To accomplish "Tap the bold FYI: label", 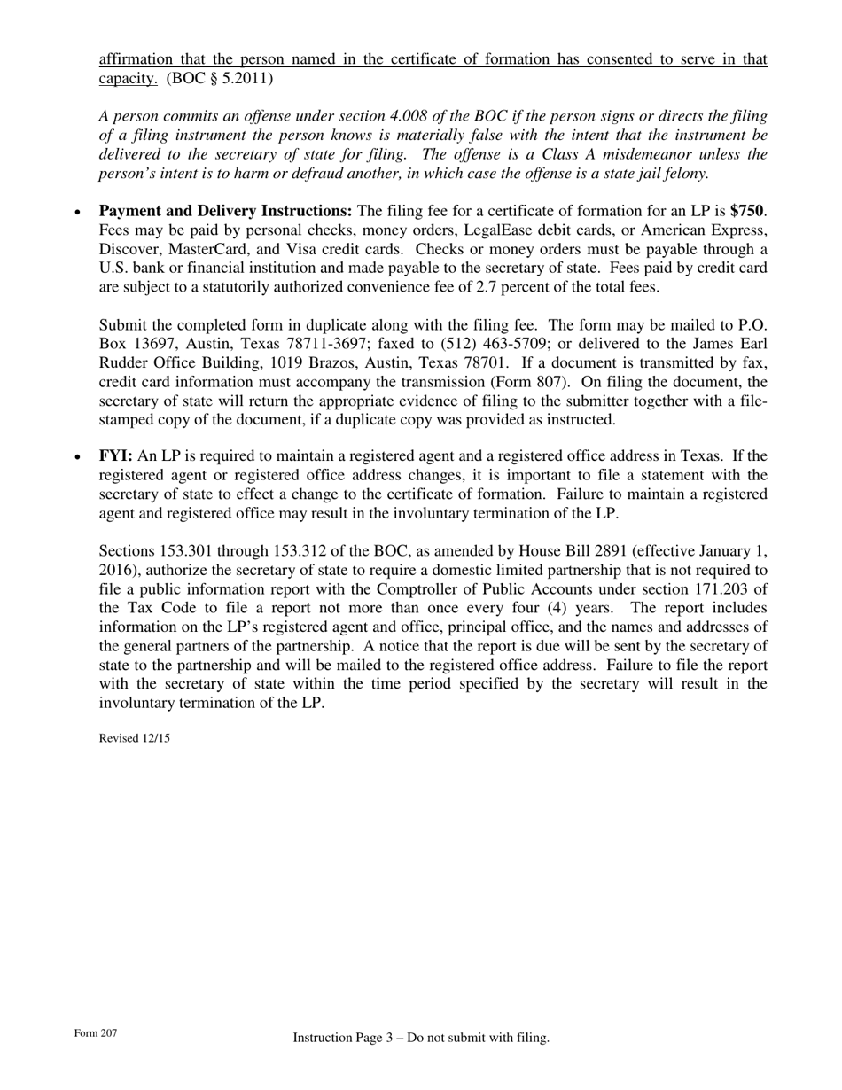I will (x=116, y=455).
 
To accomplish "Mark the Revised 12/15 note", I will (x=134, y=737).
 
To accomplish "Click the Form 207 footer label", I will (x=96, y=1033).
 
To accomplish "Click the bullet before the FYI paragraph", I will (x=80, y=458).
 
